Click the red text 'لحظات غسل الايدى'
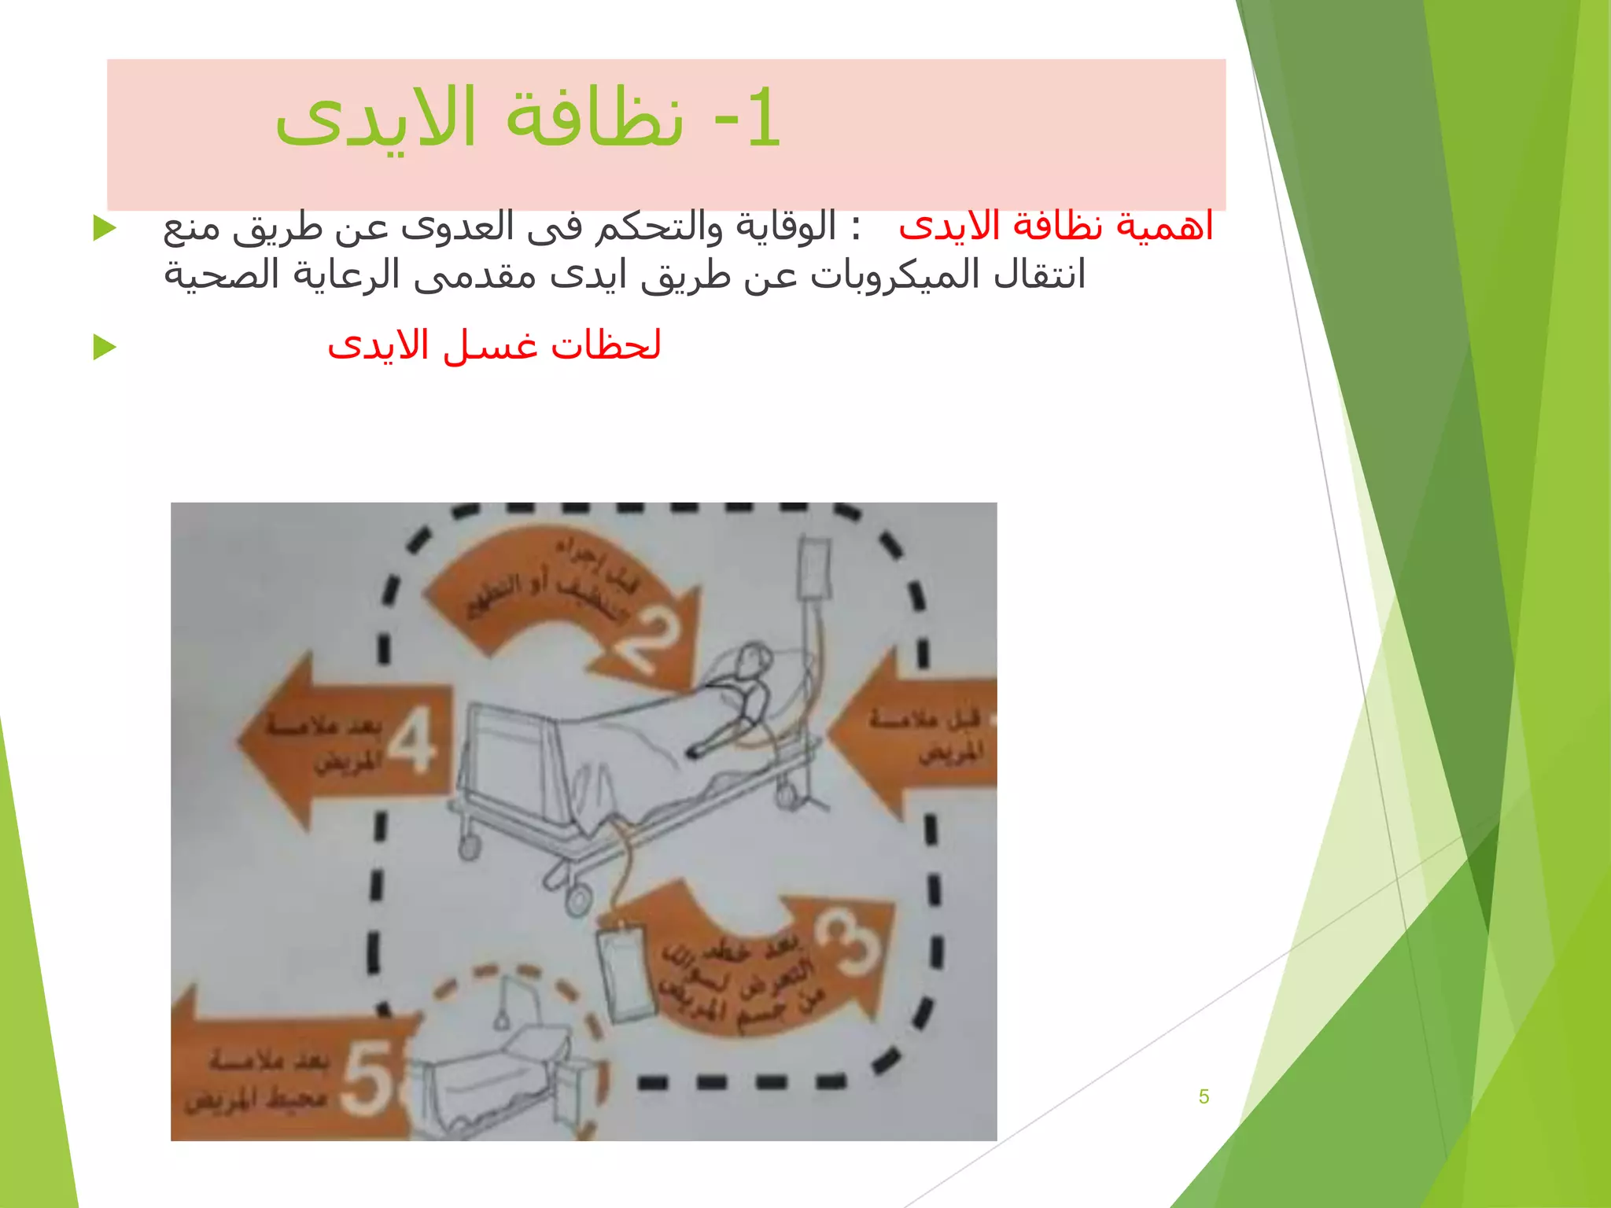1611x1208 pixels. [494, 345]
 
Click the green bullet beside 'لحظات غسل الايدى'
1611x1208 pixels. [104, 346]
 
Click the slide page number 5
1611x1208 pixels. [1204, 1096]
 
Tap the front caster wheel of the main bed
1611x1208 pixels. [578, 900]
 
